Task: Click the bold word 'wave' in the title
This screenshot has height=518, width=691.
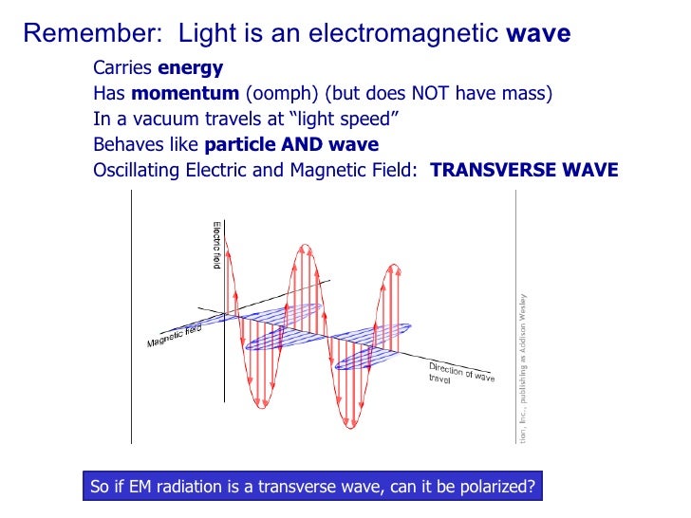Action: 538,35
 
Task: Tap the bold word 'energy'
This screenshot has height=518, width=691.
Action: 190,68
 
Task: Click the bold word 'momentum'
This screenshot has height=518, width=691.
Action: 186,94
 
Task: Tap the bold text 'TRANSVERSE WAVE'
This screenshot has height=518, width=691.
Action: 524,171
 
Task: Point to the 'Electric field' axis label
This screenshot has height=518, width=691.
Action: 216,245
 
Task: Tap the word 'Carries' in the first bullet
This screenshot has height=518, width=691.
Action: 122,68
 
